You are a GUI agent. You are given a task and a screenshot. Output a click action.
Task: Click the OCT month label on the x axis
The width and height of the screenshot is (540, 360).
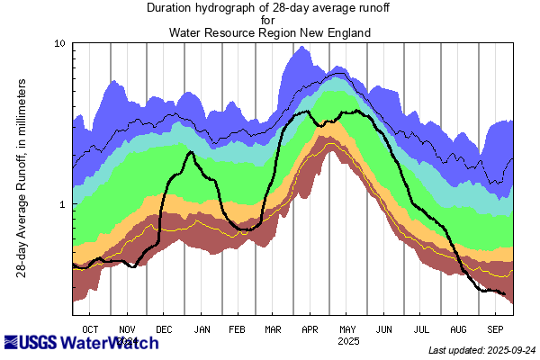click(x=90, y=329)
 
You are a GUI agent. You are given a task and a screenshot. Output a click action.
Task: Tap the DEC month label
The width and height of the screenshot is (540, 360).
click(x=165, y=329)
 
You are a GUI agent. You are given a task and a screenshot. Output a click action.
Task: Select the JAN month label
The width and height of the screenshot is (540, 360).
click(x=202, y=329)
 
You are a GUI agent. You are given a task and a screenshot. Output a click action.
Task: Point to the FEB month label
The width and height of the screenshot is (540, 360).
click(x=238, y=329)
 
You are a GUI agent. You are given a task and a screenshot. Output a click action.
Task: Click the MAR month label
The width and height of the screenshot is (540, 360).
click(x=274, y=329)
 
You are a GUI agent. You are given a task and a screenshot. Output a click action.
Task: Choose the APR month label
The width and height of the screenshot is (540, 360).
click(x=310, y=329)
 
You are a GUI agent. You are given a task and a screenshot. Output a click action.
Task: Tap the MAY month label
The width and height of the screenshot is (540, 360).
click(x=347, y=329)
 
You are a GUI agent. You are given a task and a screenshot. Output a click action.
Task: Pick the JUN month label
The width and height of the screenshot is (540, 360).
click(x=384, y=329)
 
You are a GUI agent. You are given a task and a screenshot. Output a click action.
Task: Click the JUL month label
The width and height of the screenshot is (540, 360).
click(x=421, y=329)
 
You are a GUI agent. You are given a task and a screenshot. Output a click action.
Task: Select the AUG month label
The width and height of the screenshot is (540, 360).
click(x=458, y=329)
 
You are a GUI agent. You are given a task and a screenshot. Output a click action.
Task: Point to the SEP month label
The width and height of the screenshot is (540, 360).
click(x=495, y=329)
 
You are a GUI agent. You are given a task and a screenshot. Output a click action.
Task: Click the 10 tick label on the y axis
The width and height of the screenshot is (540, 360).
click(x=59, y=44)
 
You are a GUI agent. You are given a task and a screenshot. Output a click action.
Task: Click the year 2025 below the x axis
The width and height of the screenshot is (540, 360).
click(x=347, y=342)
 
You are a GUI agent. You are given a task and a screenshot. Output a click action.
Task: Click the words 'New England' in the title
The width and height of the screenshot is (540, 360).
click(x=332, y=33)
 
